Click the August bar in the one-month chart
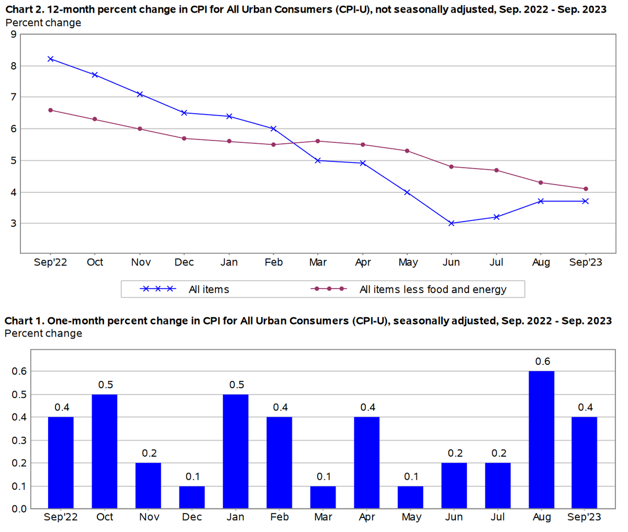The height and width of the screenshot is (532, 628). [542, 440]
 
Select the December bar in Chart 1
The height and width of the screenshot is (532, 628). [192, 497]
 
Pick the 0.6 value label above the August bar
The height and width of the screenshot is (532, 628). [543, 361]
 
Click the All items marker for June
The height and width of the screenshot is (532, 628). [452, 223]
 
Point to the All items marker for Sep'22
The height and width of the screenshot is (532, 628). [50, 59]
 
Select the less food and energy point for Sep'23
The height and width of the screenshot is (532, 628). [586, 189]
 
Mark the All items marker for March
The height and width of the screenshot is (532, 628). [318, 160]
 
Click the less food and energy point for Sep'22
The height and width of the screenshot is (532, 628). [50, 110]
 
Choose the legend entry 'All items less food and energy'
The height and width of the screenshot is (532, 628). [433, 289]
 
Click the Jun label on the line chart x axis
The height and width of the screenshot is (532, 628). [451, 262]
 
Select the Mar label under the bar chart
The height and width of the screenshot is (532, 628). [323, 517]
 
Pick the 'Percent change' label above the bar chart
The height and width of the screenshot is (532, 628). [43, 333]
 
